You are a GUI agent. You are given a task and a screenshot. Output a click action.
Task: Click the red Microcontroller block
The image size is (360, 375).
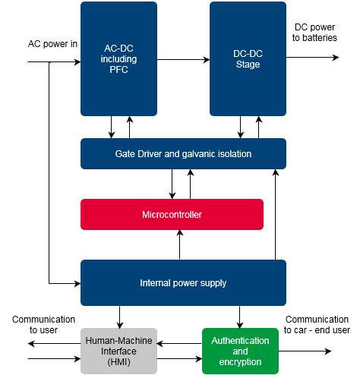click(172, 215)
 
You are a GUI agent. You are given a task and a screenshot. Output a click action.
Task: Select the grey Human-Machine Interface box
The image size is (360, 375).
click(118, 351)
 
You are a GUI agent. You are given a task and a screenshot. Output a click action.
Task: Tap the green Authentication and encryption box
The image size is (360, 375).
click(240, 351)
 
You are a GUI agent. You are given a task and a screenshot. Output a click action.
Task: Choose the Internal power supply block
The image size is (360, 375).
click(183, 283)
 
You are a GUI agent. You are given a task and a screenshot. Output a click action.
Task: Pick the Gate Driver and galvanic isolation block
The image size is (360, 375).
click(183, 154)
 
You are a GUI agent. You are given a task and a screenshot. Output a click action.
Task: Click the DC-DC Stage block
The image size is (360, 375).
click(248, 59)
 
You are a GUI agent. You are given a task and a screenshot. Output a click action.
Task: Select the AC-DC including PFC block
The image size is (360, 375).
click(118, 59)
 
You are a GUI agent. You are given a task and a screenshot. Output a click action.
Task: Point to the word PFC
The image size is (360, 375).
click(118, 70)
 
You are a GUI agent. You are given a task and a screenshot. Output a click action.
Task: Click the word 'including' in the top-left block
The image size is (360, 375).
click(118, 59)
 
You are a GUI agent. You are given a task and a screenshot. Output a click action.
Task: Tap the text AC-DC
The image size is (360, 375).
click(118, 49)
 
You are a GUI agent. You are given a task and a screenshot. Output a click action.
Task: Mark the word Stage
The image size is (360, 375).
click(248, 65)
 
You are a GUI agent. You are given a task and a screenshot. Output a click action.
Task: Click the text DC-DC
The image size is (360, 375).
click(248, 54)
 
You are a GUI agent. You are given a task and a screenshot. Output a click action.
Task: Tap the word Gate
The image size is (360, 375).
click(125, 154)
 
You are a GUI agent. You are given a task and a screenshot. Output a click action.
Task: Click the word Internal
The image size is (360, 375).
click(156, 283)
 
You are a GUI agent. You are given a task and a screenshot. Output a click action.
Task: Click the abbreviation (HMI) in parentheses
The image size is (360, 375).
click(118, 362)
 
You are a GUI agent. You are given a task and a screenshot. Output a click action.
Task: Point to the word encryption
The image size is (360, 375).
click(240, 362)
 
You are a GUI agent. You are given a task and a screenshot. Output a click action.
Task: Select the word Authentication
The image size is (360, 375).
click(240, 341)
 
